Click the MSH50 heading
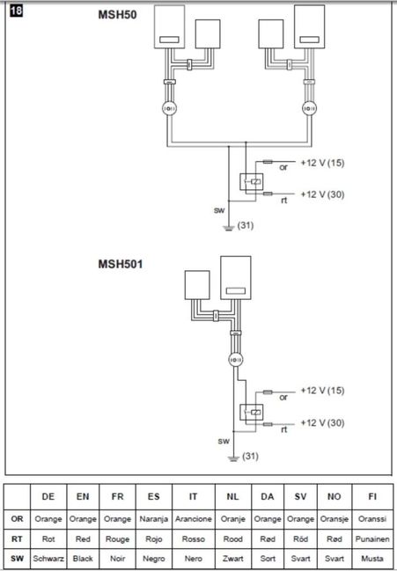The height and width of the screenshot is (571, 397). point(117,15)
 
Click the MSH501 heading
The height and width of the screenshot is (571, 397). point(121,264)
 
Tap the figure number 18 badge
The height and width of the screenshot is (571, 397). point(16,11)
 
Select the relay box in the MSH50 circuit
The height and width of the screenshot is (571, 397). point(251,182)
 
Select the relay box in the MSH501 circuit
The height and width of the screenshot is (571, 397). point(251,413)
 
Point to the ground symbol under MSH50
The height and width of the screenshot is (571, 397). point(228,229)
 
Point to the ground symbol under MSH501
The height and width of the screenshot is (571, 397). point(233,459)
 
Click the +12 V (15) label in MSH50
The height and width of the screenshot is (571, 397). point(322,163)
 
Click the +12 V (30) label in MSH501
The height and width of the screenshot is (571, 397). point(322,423)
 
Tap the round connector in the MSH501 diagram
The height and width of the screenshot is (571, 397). point(235,360)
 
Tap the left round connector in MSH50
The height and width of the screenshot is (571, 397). point(169,108)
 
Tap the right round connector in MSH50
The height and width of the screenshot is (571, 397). point(309,108)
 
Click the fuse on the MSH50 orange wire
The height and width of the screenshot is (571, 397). point(268,161)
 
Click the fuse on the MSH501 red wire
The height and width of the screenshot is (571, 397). point(268,424)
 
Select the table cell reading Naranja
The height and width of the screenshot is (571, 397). point(154,519)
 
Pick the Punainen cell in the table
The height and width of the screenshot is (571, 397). point(372,539)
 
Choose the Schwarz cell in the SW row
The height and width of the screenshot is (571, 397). point(48,559)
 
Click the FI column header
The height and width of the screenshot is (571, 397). point(372,497)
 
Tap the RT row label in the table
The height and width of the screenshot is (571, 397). point(17,539)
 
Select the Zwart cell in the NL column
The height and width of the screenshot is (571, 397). point(232,559)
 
